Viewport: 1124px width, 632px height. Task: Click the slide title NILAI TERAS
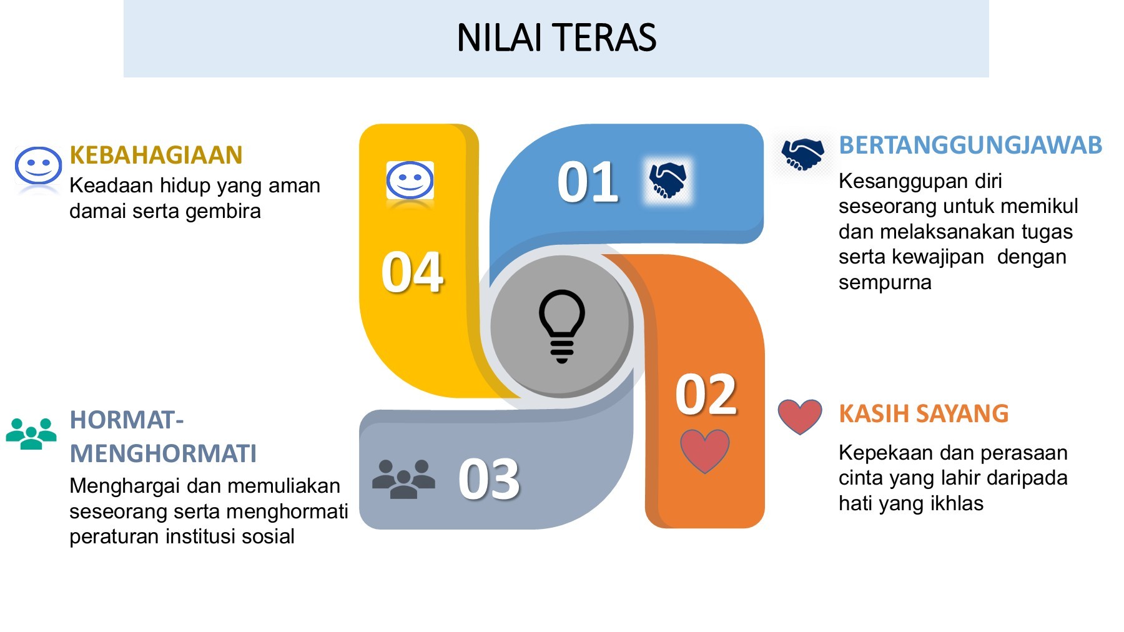(556, 37)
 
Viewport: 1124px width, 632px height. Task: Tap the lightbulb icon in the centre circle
(561, 325)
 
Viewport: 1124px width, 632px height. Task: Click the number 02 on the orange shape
(706, 394)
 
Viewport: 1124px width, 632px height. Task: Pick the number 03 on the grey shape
(489, 479)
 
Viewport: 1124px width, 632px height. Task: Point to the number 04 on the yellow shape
(412, 272)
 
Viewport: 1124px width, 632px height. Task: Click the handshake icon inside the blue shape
(668, 180)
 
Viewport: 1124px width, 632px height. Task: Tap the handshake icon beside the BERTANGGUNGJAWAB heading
(802, 154)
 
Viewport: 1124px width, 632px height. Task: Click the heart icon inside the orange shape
(704, 450)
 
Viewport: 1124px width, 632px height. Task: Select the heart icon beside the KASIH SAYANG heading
(800, 416)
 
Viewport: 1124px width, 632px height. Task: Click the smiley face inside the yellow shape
(410, 180)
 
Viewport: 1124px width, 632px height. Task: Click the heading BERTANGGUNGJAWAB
(970, 145)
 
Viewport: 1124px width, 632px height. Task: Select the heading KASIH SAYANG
(923, 413)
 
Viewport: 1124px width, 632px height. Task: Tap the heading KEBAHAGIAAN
(155, 155)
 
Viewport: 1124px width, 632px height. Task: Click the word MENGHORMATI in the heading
(163, 453)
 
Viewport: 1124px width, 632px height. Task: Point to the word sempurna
(884, 282)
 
